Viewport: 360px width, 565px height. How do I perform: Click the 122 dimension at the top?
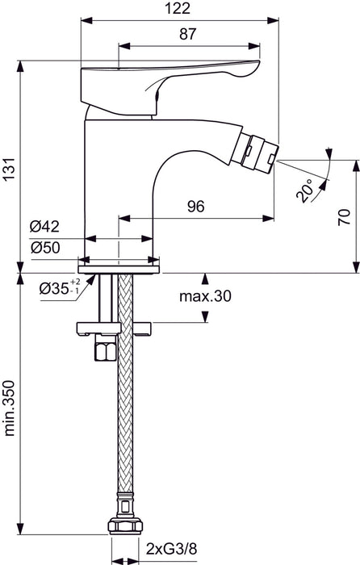coord(180,9)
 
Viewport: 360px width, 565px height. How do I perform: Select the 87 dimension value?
coord(188,34)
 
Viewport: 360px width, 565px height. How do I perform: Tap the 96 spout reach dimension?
coord(195,207)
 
